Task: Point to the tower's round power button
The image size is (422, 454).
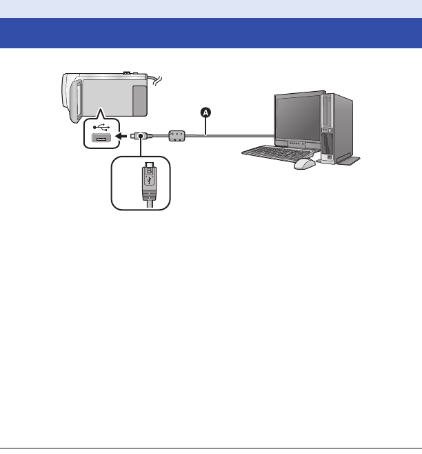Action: (x=334, y=155)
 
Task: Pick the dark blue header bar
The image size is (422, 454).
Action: (x=211, y=32)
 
